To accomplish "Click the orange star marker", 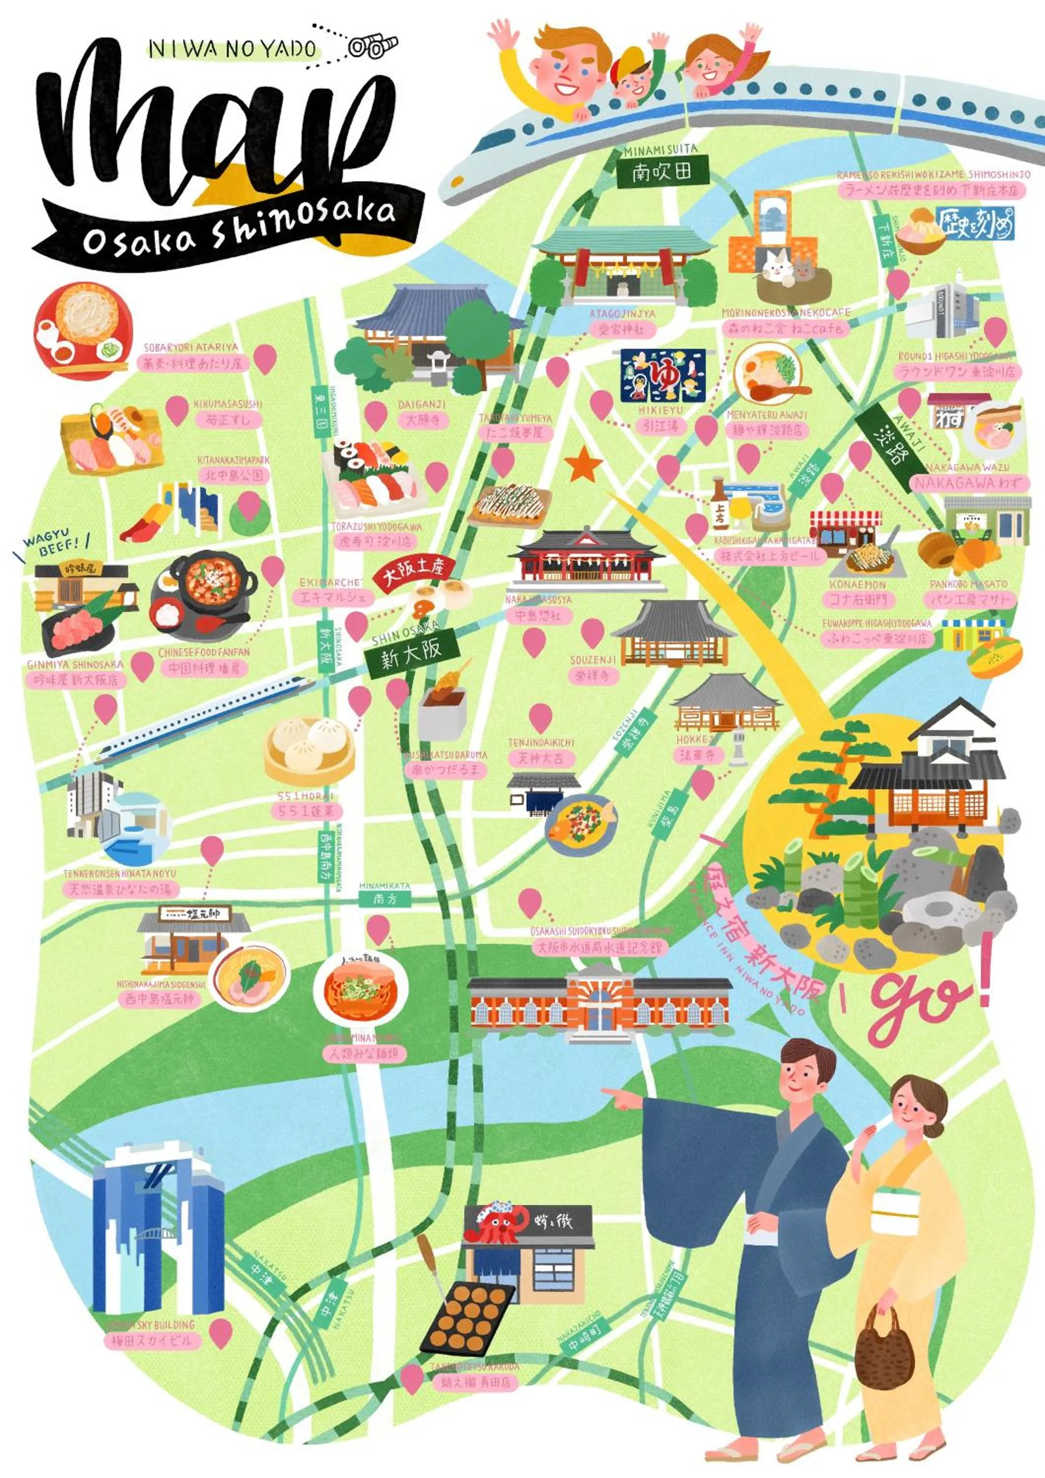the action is tap(583, 465).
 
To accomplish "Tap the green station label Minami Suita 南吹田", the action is tap(662, 172).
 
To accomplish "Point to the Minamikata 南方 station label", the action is tap(384, 899).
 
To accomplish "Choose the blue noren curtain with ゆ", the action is tap(662, 376).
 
